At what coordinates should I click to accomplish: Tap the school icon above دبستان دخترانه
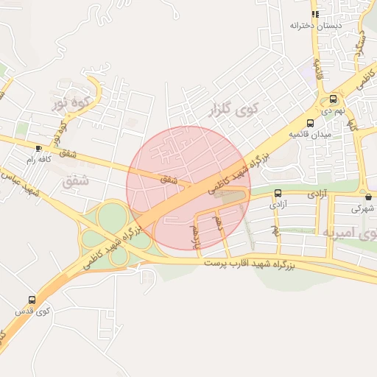pos(315,13)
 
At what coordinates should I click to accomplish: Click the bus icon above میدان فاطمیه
pos(310,123)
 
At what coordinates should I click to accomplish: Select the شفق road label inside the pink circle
pos(169,178)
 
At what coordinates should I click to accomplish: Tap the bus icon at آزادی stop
pos(278,194)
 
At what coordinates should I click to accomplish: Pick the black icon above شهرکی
pos(367,197)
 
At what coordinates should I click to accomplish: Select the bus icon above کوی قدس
pos(32,300)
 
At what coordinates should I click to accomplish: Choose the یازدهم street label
pos(196,233)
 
